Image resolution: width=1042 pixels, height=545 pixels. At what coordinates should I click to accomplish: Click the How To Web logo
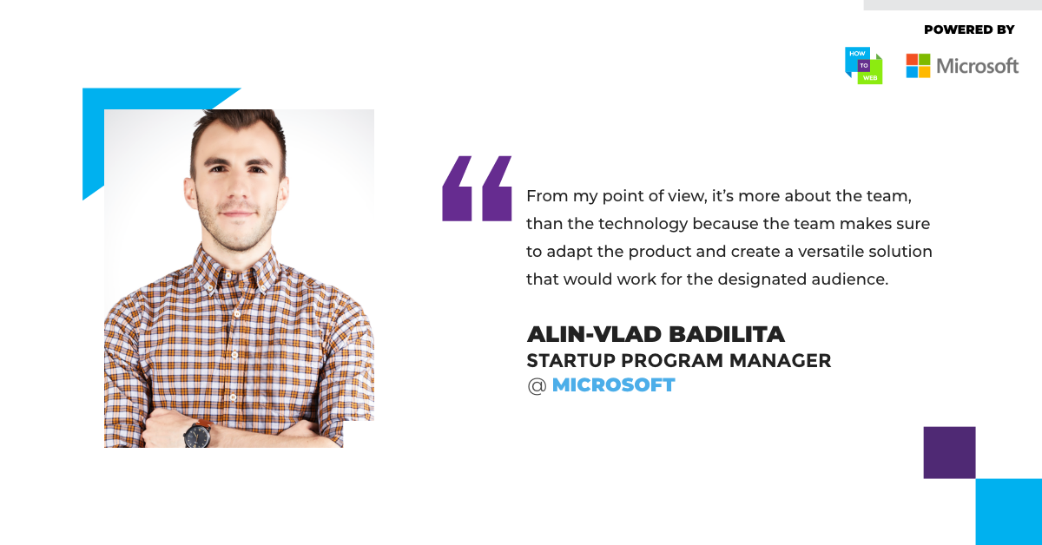tap(863, 66)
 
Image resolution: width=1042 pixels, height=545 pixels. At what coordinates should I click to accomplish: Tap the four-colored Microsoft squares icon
tap(918, 66)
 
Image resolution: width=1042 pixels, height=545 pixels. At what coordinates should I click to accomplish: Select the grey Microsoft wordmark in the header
tap(978, 66)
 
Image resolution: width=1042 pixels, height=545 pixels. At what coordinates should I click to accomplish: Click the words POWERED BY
tap(969, 30)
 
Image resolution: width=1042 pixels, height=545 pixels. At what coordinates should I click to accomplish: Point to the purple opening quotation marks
tap(477, 188)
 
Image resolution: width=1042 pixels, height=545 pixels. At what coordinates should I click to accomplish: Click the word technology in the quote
tap(643, 224)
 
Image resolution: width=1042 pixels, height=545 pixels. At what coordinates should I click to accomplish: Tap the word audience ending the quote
tap(850, 279)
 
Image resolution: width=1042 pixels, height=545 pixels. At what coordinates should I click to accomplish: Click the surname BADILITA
tap(727, 334)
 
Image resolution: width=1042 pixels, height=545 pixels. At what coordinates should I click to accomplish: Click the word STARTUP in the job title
tap(570, 361)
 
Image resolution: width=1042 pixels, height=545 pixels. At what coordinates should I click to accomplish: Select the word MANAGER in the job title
tap(780, 361)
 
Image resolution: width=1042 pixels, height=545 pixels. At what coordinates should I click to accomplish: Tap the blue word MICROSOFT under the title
tap(613, 385)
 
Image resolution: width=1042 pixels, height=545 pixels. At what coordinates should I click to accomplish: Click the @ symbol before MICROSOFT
tap(537, 386)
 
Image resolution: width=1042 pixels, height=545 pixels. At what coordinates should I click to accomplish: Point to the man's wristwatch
tap(198, 434)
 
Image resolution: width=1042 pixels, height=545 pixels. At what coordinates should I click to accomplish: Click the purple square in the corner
tap(949, 452)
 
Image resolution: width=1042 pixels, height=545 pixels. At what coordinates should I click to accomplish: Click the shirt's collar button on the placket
tap(228, 276)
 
